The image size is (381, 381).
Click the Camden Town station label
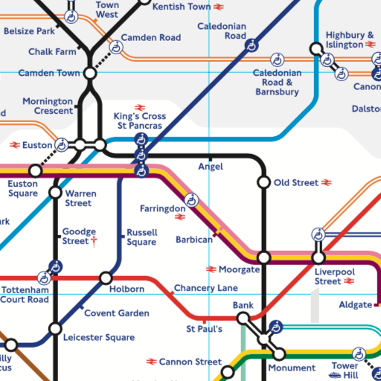coord(48,74)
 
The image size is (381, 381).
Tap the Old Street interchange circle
coord(263,182)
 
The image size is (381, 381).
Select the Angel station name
coord(210,167)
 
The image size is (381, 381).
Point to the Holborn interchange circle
coord(106,278)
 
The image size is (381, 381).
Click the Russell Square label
coord(141,237)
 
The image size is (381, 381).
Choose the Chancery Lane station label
coord(205,288)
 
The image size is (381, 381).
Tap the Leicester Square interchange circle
coord(55,329)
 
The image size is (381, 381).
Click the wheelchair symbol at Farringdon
coord(191,199)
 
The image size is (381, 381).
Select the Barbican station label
coord(194,240)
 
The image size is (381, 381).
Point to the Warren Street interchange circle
coord(55,193)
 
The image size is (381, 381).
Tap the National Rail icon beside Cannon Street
coord(151,362)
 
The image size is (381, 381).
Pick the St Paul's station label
coord(204,328)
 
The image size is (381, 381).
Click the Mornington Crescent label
coord(48,106)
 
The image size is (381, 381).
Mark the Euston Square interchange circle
coord(35,170)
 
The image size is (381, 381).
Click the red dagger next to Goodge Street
coord(94,241)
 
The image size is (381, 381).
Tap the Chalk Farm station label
coord(51,51)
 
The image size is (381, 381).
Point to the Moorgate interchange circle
coord(263,257)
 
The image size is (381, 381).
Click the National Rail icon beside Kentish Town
coord(219,7)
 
